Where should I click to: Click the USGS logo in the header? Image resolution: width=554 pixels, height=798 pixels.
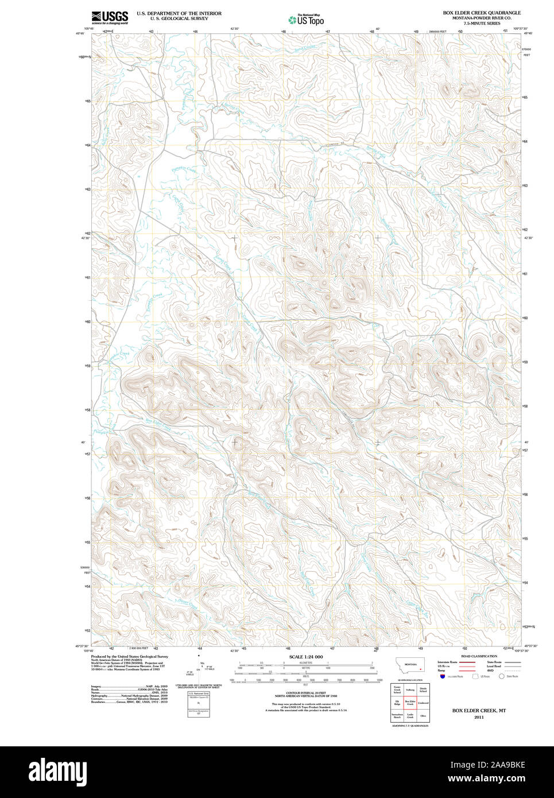(110, 17)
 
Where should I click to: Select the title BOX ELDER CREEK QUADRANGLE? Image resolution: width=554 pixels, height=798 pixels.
(481, 13)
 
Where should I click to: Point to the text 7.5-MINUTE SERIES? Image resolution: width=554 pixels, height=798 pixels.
(481, 23)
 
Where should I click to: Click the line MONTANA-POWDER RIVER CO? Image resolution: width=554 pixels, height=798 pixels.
(481, 18)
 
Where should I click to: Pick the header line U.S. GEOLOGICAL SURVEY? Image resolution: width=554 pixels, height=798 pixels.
(179, 18)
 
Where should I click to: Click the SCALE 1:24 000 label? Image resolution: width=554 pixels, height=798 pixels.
(305, 657)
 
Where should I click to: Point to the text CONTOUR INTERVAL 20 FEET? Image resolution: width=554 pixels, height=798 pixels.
(305, 693)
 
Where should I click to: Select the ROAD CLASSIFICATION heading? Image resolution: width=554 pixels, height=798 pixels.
(479, 656)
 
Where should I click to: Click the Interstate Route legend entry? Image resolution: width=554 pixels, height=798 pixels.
(448, 662)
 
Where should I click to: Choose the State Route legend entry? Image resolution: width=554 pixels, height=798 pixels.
(494, 662)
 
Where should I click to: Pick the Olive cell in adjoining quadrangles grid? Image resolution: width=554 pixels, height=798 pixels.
(423, 716)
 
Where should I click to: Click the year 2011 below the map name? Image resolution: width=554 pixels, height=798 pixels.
(479, 717)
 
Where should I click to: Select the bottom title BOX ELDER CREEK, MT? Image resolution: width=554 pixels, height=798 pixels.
(479, 711)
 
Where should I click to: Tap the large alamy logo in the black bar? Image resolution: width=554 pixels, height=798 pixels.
(57, 772)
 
